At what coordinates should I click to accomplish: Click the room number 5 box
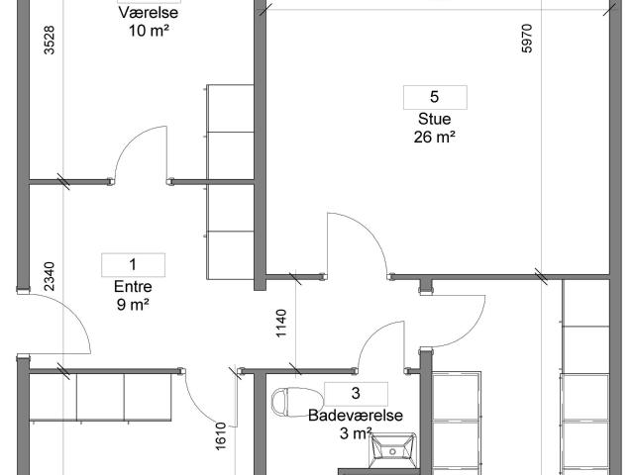pos(435,97)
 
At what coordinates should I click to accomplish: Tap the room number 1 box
pos(133,265)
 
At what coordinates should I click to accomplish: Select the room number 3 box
pos(356,394)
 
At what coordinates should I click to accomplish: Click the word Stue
pos(434,119)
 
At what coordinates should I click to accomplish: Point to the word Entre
pos(133,286)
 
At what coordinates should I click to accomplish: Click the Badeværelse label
pos(356,416)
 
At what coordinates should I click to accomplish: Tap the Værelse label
pos(149,12)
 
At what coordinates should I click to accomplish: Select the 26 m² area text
pos(434,137)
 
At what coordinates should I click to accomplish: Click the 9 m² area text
pos(133,305)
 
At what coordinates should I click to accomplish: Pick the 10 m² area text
pos(149,31)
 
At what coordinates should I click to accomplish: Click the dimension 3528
pos(49,40)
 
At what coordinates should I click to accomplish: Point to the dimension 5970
pos(527,39)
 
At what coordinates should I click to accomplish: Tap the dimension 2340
pos(49,277)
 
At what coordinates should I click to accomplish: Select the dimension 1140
pos(281,324)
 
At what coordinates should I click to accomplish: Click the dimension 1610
pos(221,436)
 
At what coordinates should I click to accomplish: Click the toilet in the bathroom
pos(297,402)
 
